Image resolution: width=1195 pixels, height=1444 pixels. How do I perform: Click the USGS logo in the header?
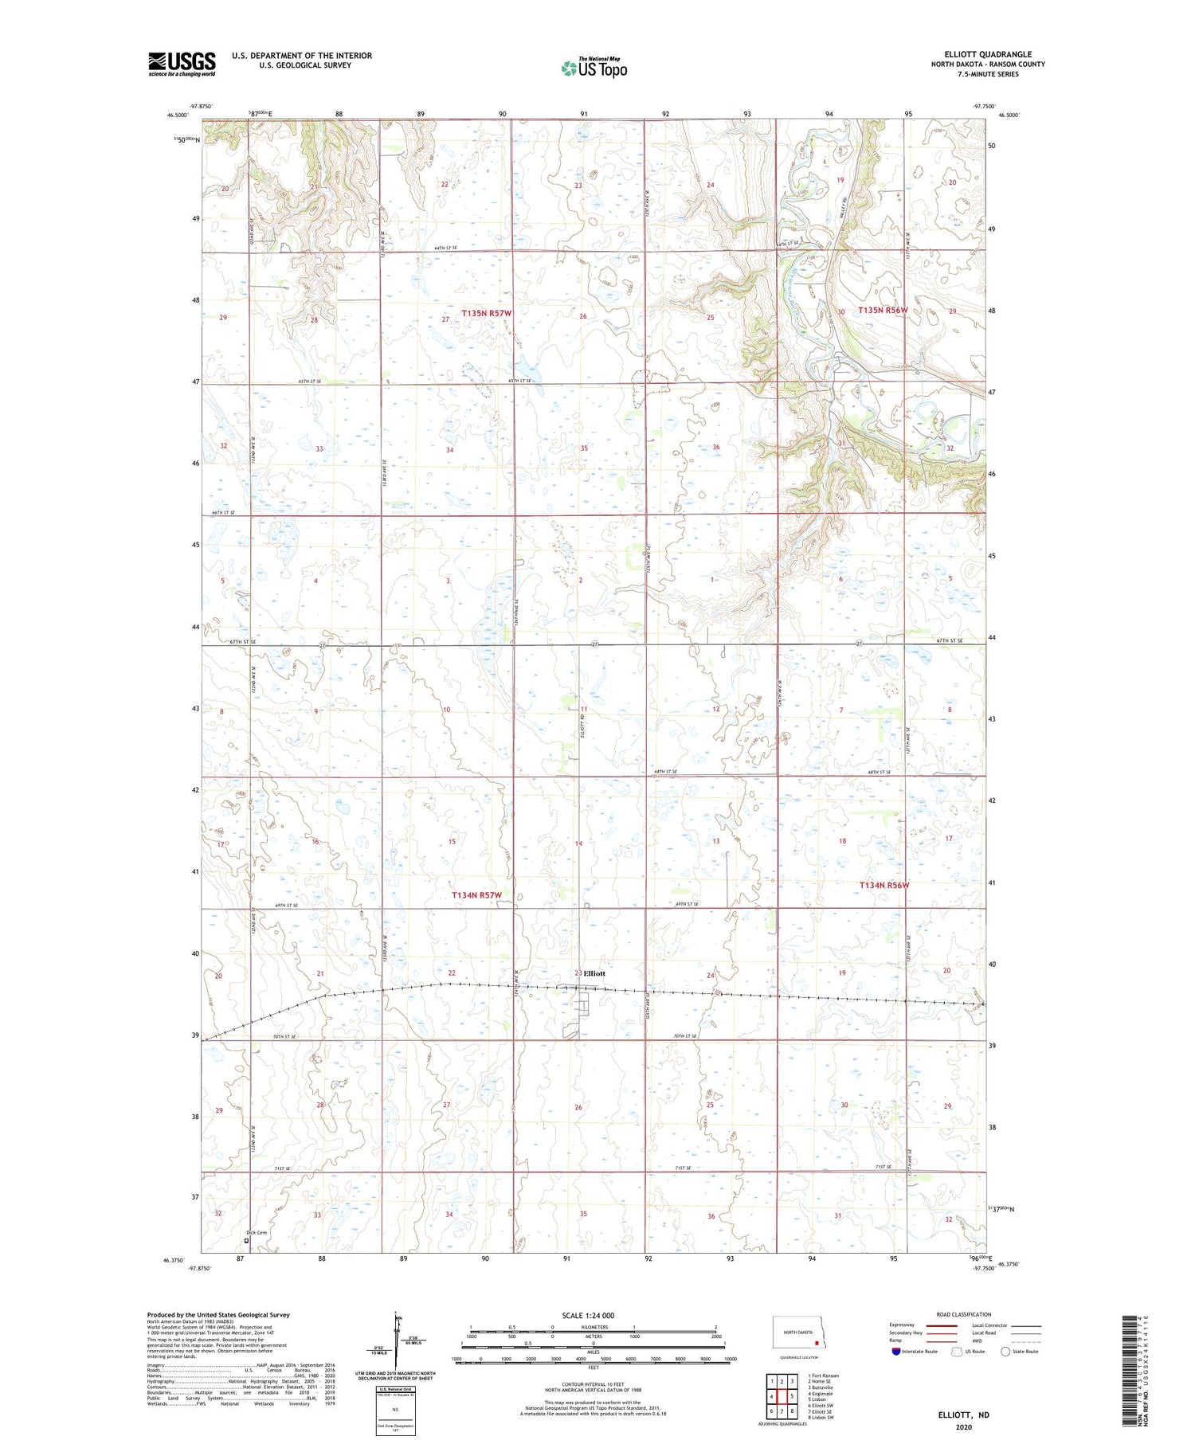pos(182,64)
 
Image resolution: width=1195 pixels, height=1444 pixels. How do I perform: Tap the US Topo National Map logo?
pos(594,68)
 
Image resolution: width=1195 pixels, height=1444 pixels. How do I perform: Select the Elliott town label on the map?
pos(594,973)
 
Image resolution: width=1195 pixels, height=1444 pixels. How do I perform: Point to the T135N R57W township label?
pos(486,314)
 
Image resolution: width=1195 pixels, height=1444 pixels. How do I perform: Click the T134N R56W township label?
pos(884,885)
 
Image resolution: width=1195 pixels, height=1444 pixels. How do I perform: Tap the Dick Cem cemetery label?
pos(256,1233)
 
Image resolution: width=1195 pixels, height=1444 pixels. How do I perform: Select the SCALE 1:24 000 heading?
pos(588,1315)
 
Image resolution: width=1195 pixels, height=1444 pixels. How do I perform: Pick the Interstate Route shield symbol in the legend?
pos(896,1352)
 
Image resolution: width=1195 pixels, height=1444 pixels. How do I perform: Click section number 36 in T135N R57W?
pos(715,448)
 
